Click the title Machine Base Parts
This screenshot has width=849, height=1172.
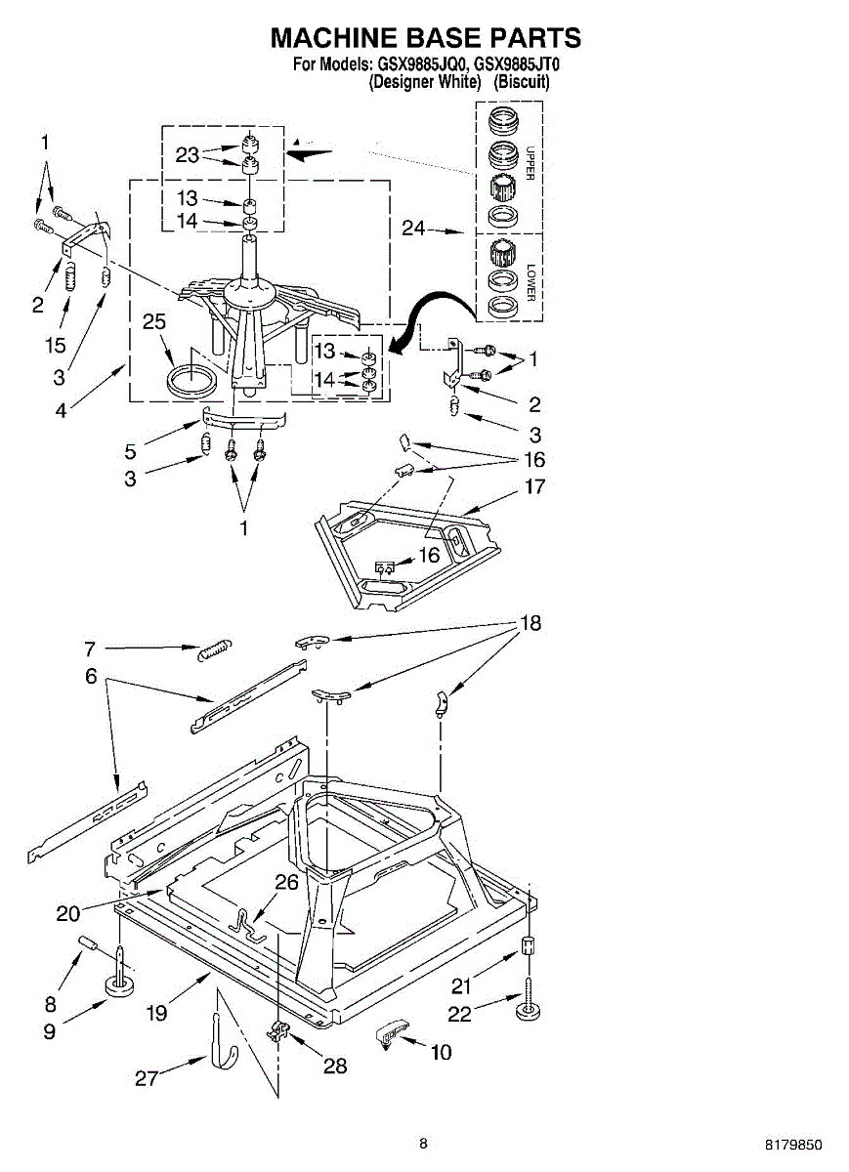[x=425, y=38]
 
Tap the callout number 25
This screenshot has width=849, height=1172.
[x=154, y=322]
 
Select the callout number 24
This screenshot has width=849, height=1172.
[x=414, y=230]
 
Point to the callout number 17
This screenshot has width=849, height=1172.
[x=535, y=486]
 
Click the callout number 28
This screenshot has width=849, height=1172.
[x=335, y=1066]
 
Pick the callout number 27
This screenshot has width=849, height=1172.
[x=148, y=1078]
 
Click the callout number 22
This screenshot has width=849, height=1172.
[x=460, y=1016]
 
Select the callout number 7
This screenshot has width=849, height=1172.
[x=89, y=648]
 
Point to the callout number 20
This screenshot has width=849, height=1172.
[x=68, y=913]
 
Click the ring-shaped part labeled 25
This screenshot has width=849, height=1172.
[x=191, y=379]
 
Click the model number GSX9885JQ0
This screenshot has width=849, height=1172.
[x=420, y=66]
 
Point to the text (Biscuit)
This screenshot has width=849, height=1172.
[x=522, y=82]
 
